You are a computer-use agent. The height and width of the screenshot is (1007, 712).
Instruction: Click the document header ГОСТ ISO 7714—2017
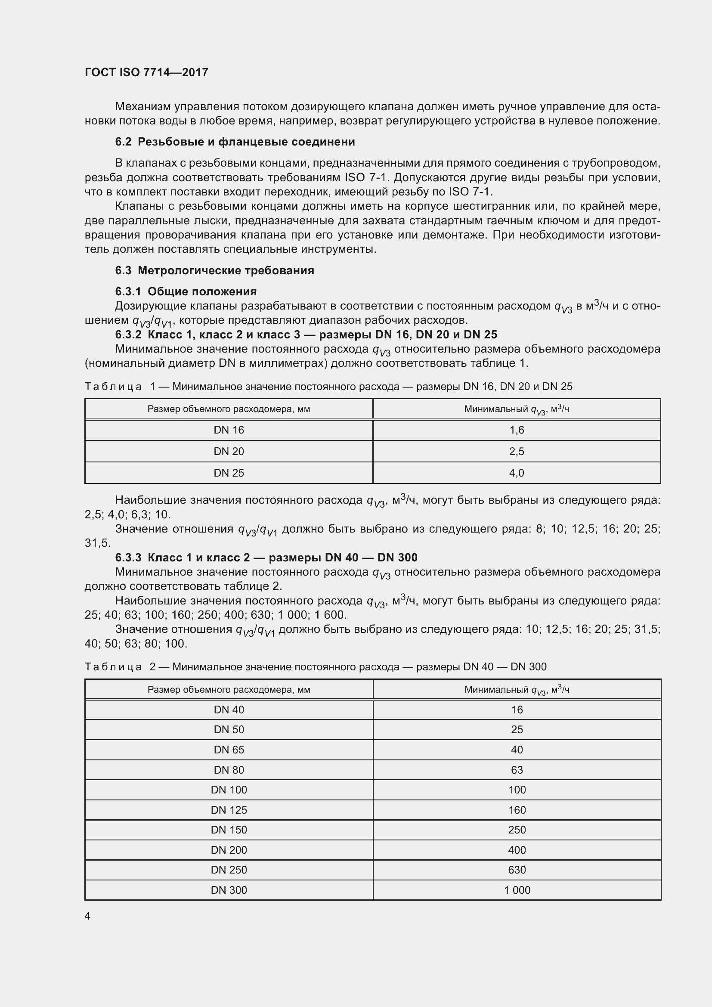(146, 72)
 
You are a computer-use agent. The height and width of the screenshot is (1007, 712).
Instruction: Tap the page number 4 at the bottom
(88, 916)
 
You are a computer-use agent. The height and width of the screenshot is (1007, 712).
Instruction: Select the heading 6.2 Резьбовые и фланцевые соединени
(235, 142)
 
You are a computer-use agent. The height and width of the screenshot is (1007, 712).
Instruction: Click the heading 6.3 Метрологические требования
(214, 270)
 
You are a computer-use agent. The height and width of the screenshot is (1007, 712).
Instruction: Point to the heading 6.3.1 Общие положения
(186, 291)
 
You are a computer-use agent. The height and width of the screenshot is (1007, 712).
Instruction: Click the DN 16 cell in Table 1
(229, 430)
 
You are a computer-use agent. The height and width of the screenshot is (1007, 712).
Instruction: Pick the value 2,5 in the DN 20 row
(517, 451)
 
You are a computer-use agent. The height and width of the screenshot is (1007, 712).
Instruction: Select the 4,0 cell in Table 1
(517, 473)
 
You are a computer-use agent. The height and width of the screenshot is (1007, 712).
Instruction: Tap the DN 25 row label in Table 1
(229, 473)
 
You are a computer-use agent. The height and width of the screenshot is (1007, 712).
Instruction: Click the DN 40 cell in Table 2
(229, 710)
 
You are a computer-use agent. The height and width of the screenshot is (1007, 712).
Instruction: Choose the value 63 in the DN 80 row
(517, 770)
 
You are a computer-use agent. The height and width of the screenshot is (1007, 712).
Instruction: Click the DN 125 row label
(229, 810)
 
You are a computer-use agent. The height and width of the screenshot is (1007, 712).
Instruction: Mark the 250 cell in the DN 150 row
(517, 830)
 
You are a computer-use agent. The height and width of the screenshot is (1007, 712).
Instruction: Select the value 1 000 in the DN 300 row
(517, 890)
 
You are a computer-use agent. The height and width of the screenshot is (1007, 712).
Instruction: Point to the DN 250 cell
(229, 870)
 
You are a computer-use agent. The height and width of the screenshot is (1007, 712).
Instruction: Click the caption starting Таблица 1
(328, 386)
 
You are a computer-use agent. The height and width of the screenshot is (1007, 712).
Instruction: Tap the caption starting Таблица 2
(315, 666)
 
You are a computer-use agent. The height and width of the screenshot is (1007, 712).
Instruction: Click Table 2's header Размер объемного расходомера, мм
(229, 689)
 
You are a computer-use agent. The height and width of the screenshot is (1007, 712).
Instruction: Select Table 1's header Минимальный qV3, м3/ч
(517, 409)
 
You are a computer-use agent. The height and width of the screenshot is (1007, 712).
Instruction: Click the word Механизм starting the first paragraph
(143, 107)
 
